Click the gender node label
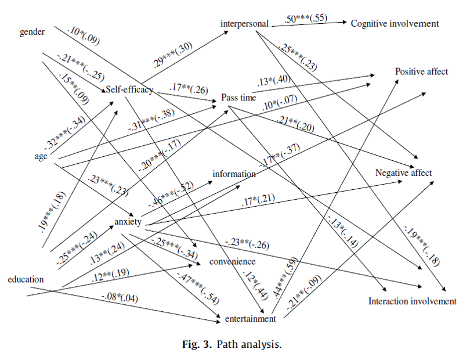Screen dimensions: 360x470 pyautogui.click(x=32, y=32)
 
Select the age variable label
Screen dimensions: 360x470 pyautogui.click(x=41, y=156)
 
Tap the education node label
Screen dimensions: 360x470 pyautogui.click(x=26, y=279)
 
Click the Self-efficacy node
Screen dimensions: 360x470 pyautogui.click(x=129, y=89)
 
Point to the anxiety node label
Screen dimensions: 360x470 pyautogui.click(x=128, y=222)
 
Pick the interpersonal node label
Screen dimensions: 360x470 pyautogui.click(x=244, y=24)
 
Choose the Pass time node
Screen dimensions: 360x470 pyautogui.click(x=238, y=98)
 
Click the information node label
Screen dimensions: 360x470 pyautogui.click(x=234, y=174)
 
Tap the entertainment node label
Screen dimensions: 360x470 pyautogui.click(x=250, y=318)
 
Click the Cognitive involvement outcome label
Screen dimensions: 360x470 pyautogui.click(x=394, y=24)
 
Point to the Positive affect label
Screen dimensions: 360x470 pyautogui.click(x=422, y=71)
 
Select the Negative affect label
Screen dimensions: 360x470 pyautogui.click(x=404, y=172)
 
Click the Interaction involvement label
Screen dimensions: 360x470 pyautogui.click(x=413, y=301)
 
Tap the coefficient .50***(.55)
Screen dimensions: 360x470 pyautogui.click(x=306, y=18)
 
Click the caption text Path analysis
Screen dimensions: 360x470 pyautogui.click(x=250, y=344)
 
